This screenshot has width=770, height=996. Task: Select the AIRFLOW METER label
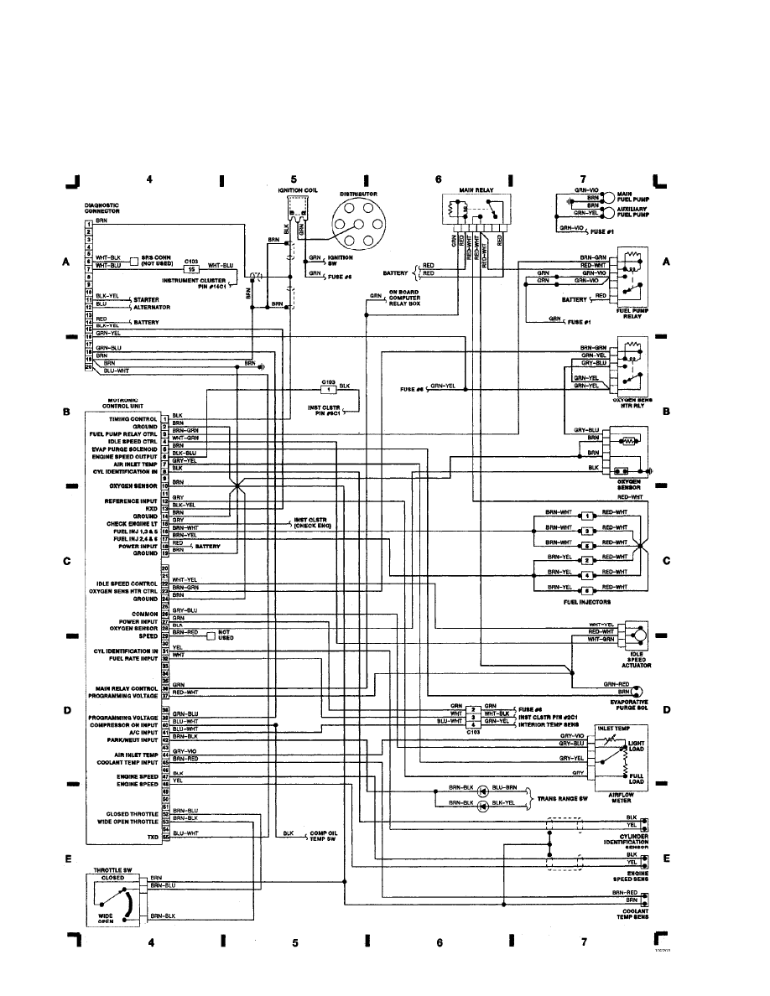click(x=622, y=797)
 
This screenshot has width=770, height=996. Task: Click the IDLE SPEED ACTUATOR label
click(x=637, y=658)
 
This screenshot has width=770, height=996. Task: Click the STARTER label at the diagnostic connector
click(x=147, y=299)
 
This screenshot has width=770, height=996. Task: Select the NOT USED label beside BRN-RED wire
click(x=223, y=635)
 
